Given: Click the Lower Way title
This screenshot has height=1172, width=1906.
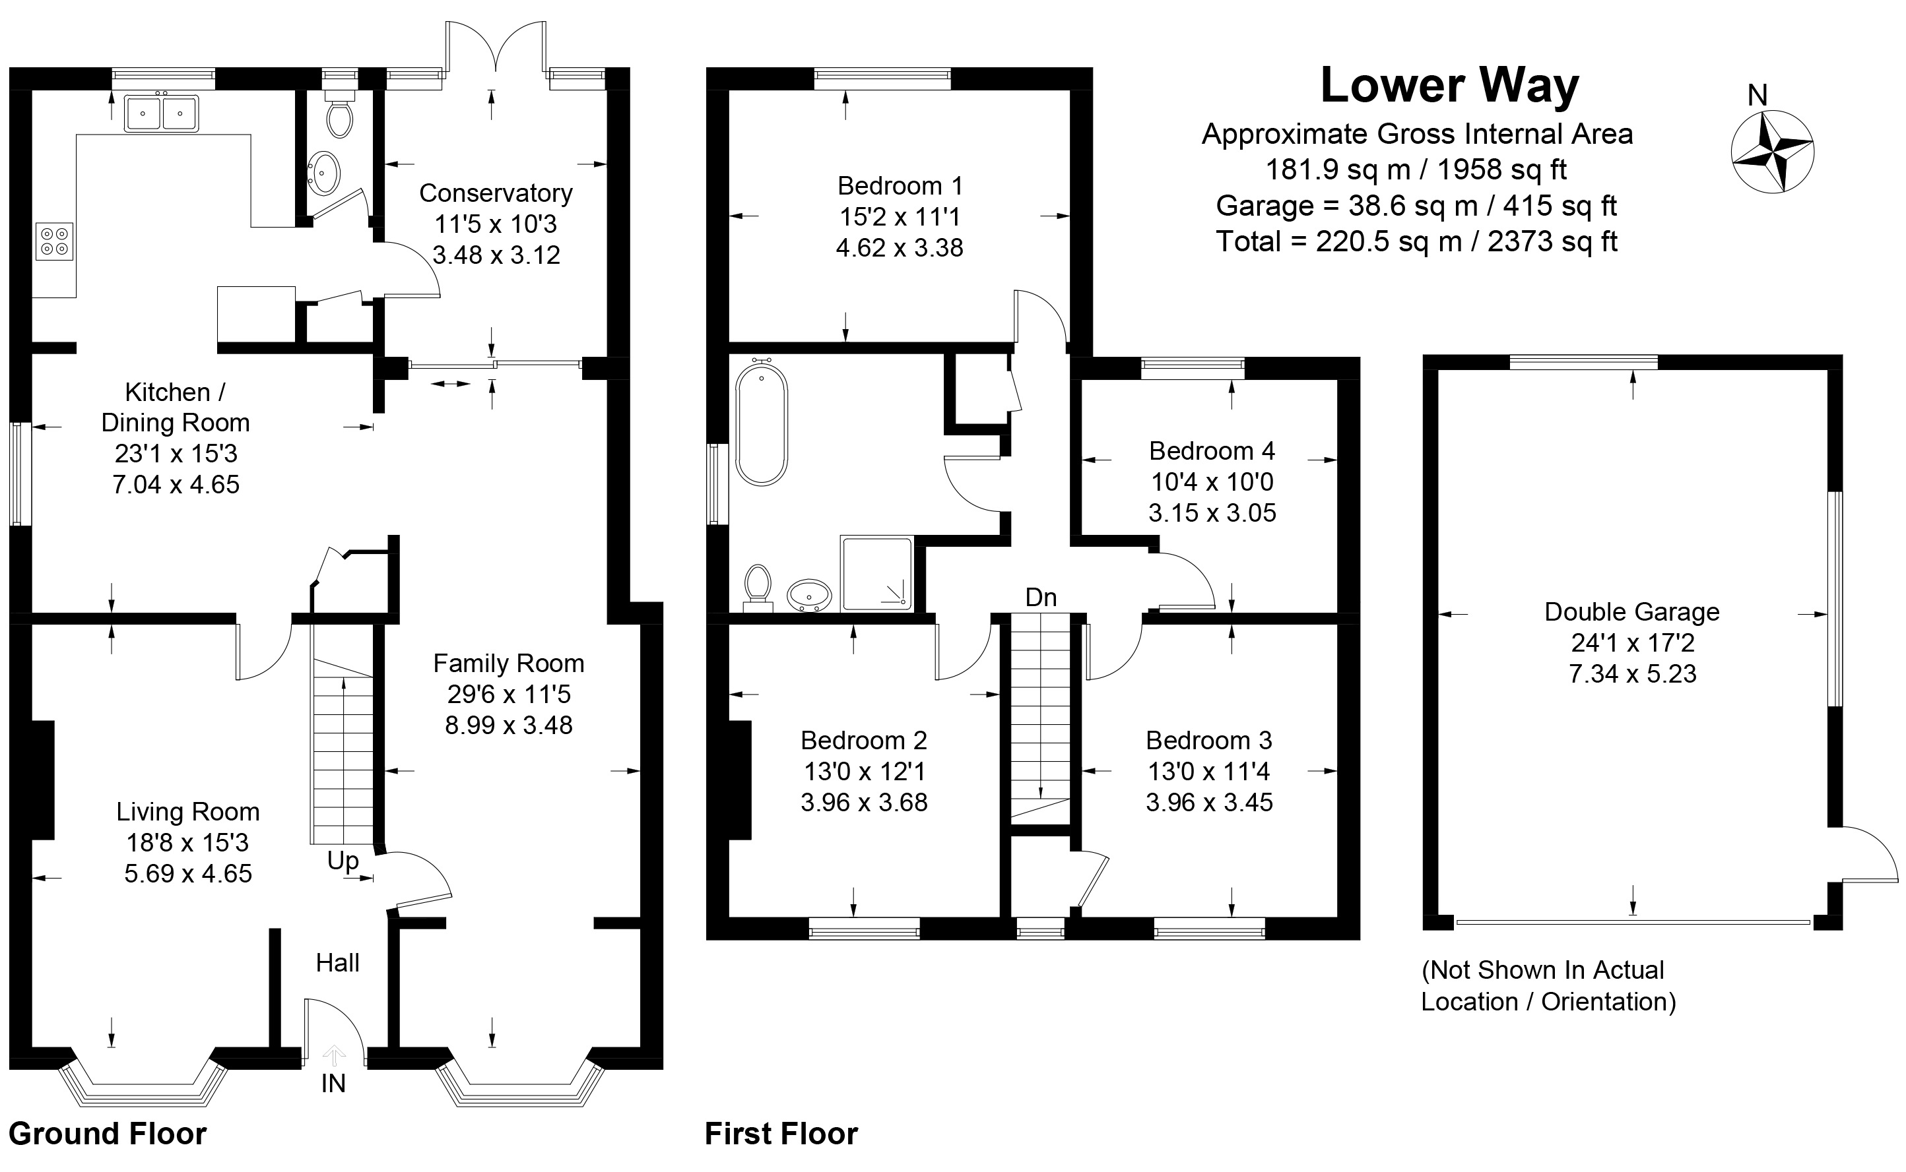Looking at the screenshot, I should pyautogui.click(x=1449, y=86).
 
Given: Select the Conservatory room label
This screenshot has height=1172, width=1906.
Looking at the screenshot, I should pyautogui.click(x=496, y=193).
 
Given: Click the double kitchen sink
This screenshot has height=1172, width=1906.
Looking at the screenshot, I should pyautogui.click(x=161, y=113).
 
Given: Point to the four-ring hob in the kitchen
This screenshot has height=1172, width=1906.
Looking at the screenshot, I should pyautogui.click(x=54, y=240).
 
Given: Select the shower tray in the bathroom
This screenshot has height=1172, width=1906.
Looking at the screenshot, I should pyautogui.click(x=876, y=573).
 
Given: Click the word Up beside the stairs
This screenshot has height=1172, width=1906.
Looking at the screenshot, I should pyautogui.click(x=343, y=861).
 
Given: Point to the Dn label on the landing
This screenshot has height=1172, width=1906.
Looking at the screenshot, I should pyautogui.click(x=1041, y=598).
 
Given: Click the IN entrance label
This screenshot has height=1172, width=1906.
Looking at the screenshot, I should pyautogui.click(x=333, y=1084).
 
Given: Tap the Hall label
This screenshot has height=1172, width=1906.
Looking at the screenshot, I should pyautogui.click(x=337, y=963).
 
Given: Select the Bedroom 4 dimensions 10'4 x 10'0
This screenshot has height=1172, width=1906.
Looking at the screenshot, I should pyautogui.click(x=1212, y=482).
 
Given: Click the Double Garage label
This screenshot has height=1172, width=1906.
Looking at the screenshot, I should pyautogui.click(x=1631, y=612).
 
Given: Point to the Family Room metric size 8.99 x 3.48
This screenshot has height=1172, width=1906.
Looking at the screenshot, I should pyautogui.click(x=509, y=725).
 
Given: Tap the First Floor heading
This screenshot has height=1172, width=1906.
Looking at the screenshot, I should pyautogui.click(x=781, y=1134).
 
